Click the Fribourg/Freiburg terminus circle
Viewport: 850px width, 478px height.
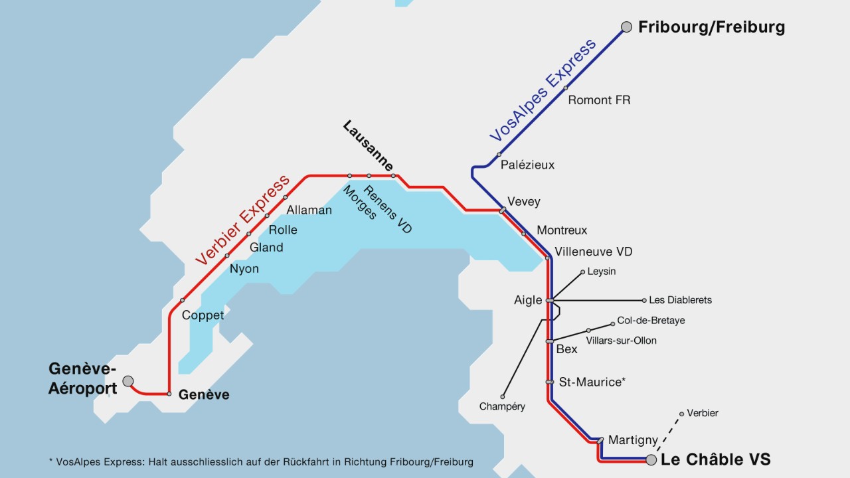point(626,27)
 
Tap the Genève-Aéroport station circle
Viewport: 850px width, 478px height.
point(128,381)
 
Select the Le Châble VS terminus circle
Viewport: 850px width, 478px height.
point(651,459)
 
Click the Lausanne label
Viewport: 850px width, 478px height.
point(369,146)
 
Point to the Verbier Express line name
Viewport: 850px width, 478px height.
point(243,220)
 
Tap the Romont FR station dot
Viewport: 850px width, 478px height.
point(566,88)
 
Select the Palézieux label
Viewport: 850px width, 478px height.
point(527,165)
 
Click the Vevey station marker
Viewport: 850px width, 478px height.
point(503,210)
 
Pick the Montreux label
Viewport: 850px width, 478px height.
point(562,230)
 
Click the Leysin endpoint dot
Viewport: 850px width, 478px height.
point(582,272)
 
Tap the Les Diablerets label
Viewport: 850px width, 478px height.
point(680,300)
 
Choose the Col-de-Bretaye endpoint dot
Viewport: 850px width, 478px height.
point(613,324)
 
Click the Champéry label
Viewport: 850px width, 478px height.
point(502,406)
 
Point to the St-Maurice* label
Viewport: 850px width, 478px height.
point(592,382)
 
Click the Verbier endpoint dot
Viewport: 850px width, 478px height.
point(681,414)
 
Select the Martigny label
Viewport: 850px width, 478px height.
point(633,440)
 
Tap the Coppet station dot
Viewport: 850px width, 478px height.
point(182,300)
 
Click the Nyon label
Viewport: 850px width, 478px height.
point(244,269)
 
